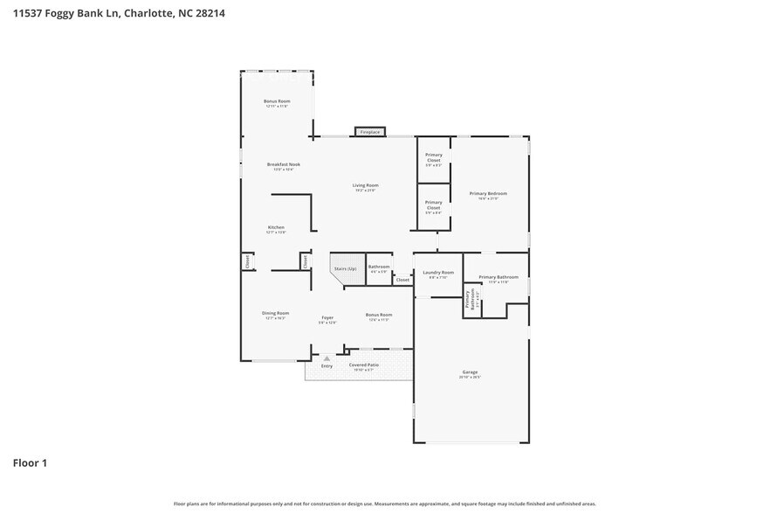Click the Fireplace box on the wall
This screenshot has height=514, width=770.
tap(370, 132)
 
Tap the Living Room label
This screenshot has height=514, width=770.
tap(365, 185)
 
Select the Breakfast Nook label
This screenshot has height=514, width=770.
tap(283, 164)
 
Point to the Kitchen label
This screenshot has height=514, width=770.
tap(276, 228)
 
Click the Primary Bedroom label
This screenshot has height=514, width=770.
tap(487, 194)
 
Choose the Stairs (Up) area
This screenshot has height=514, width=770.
tap(346, 268)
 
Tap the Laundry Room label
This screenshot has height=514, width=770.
tap(438, 273)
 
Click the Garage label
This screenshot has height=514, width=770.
tap(471, 373)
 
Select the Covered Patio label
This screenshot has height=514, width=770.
tap(363, 365)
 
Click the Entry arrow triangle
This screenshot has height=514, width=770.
tap(327, 358)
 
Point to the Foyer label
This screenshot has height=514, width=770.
tap(327, 317)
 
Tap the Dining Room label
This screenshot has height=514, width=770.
tap(275, 313)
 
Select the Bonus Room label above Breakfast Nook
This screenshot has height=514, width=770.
tap(277, 101)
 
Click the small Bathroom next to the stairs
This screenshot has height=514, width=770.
tap(379, 267)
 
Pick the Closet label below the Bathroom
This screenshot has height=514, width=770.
tap(402, 280)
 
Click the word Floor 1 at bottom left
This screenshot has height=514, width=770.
tap(29, 462)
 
